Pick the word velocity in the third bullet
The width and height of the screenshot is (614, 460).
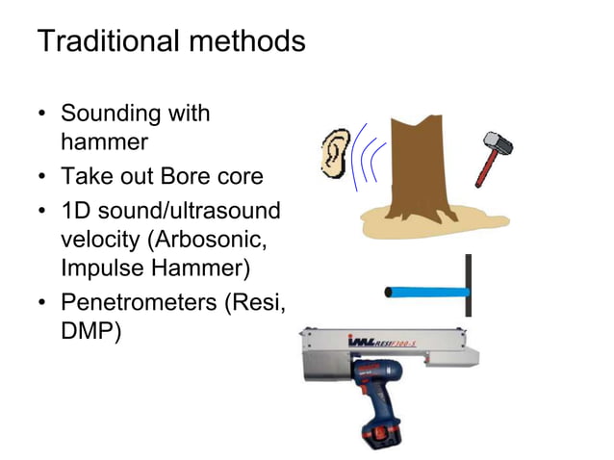pyautogui.click(x=101, y=240)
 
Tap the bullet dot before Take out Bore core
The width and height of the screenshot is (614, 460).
pyautogui.click(x=42, y=178)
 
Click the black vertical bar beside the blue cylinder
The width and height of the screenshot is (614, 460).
pyautogui.click(x=468, y=286)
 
